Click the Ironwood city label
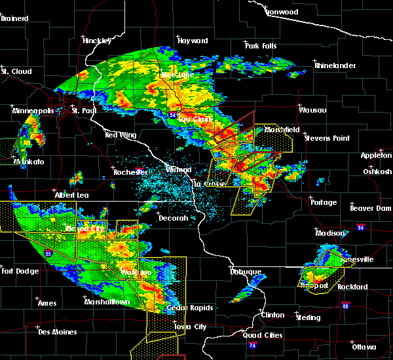[282, 12]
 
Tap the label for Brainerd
[14, 18]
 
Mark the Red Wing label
[120, 135]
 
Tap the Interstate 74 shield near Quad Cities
[253, 344]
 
